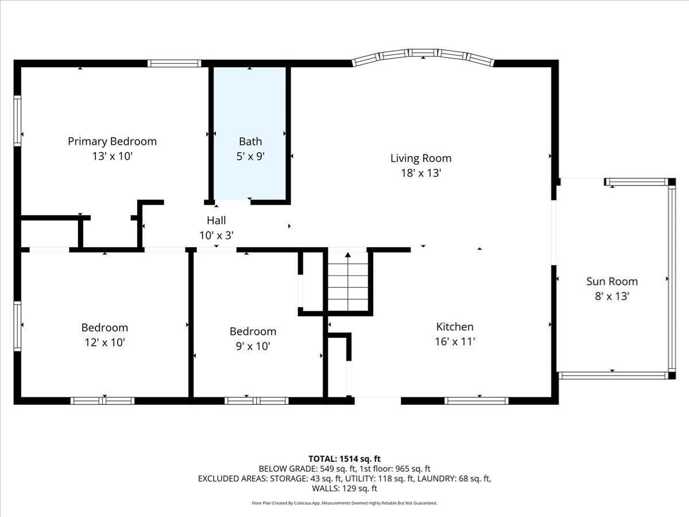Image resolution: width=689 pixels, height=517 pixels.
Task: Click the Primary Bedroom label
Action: pyautogui.click(x=112, y=141)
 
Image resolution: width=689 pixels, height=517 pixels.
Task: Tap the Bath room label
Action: pyautogui.click(x=250, y=141)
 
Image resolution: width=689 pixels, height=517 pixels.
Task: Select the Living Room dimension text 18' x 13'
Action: pyautogui.click(x=421, y=173)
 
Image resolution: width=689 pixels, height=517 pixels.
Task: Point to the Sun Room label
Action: pyautogui.click(x=611, y=281)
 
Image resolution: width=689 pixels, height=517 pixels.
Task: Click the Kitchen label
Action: pyautogui.click(x=455, y=327)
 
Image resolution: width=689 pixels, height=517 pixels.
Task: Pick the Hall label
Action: pyautogui.click(x=216, y=220)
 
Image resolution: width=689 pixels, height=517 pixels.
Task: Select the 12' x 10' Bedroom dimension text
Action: pyautogui.click(x=104, y=342)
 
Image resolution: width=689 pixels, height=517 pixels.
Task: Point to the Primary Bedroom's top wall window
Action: pyautogui.click(x=174, y=63)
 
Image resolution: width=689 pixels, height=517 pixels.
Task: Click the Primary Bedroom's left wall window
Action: pyautogui.click(x=17, y=121)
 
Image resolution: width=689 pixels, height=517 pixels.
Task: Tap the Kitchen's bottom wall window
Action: pyautogui.click(x=477, y=401)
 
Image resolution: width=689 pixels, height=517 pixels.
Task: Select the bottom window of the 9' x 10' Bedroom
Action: pyautogui.click(x=256, y=401)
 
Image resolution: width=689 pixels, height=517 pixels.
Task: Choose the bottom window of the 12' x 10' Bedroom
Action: pyautogui.click(x=102, y=401)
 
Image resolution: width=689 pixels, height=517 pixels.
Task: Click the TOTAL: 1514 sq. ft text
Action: pyautogui.click(x=344, y=458)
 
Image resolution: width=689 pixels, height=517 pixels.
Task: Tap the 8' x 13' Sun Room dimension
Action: pyautogui.click(x=611, y=296)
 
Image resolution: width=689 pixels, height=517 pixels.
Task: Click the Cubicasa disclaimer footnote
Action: pyautogui.click(x=344, y=503)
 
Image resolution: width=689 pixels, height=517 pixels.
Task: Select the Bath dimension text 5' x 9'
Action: pyautogui.click(x=250, y=156)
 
